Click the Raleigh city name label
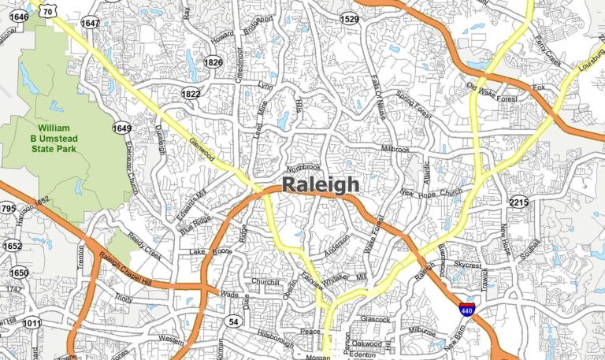[320, 184]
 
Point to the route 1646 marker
[17, 17]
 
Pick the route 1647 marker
[91, 24]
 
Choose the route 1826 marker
[213, 62]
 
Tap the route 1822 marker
[191, 94]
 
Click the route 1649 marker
[121, 128]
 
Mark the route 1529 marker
[349, 17]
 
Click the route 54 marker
[233, 321]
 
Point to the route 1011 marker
[32, 323]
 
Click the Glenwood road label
[202, 149]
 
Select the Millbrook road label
[395, 148]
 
